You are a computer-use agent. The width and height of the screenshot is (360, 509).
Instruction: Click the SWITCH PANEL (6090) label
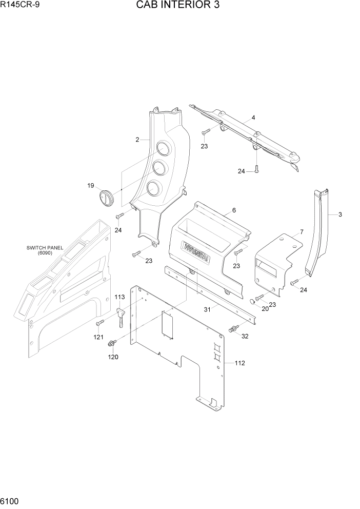point(45,250)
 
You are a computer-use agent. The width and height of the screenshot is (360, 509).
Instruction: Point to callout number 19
point(90,185)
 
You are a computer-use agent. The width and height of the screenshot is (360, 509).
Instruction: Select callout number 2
point(137,140)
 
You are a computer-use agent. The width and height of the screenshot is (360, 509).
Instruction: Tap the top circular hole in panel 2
point(163,149)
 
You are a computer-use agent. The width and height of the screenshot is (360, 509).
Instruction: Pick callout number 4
point(253,118)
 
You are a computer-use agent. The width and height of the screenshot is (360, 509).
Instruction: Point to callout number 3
point(339,214)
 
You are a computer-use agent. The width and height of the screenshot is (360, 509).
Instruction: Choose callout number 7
point(302,231)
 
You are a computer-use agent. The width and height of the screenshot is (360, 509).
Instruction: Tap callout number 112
point(239,363)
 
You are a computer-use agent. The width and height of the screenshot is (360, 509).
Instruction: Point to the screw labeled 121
point(99,322)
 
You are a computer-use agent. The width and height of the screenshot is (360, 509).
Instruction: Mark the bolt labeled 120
point(112,342)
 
